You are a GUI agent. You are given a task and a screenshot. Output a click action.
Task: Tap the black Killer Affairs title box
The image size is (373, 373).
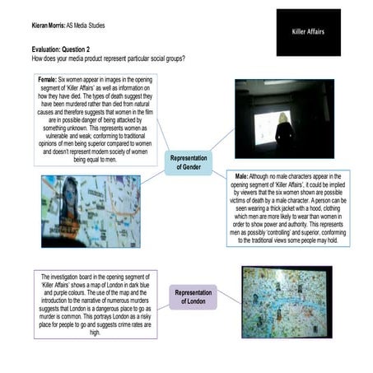click(308, 32)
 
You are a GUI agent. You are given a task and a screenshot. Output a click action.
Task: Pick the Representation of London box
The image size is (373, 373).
click(194, 296)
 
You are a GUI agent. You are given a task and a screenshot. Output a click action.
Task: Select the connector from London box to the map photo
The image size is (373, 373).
click(230, 295)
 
